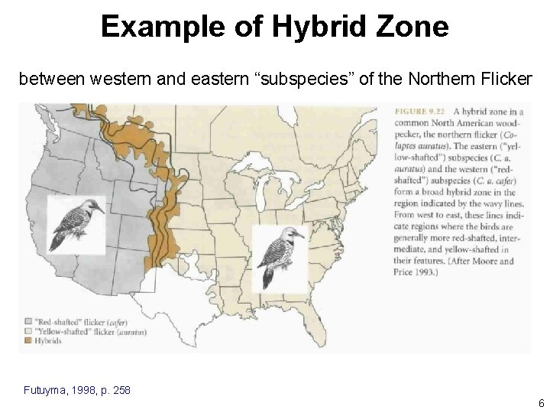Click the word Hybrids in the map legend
49,340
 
